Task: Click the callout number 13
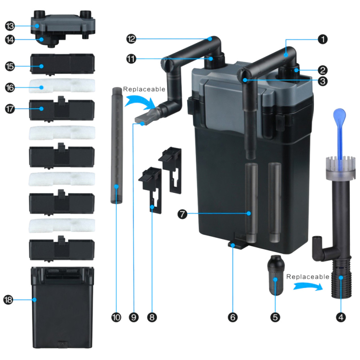tap(10, 26)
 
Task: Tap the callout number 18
tap(8, 300)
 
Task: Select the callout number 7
tap(182, 214)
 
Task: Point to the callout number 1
tap(323, 39)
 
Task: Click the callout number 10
tap(116, 317)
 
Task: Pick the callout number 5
tap(276, 317)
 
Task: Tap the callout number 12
tap(131, 39)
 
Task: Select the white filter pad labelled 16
tap(62, 85)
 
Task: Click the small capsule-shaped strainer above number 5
tap(276, 275)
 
